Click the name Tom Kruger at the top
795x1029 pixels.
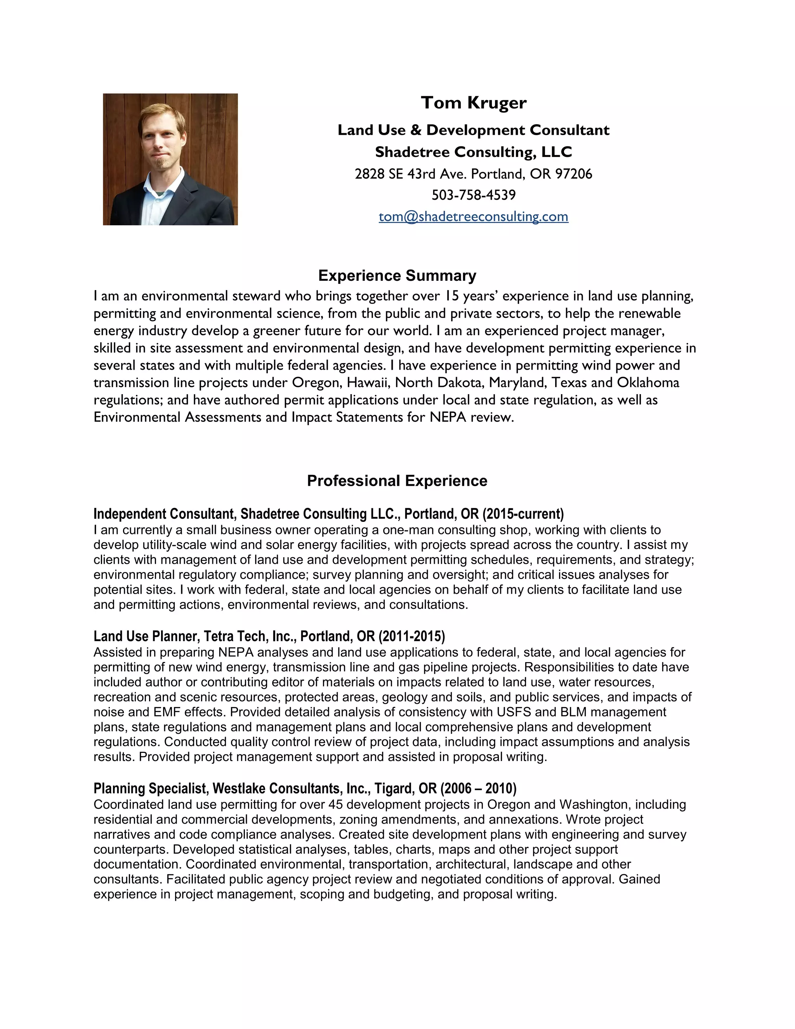click(x=473, y=103)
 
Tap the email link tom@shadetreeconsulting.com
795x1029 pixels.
click(x=473, y=216)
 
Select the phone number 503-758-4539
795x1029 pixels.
click(x=473, y=195)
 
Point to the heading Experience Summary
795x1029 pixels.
click(x=397, y=275)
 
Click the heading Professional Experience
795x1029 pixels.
click(x=397, y=481)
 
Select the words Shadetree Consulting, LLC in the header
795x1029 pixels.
click(x=473, y=152)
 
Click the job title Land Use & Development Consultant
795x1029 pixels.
click(x=473, y=130)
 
